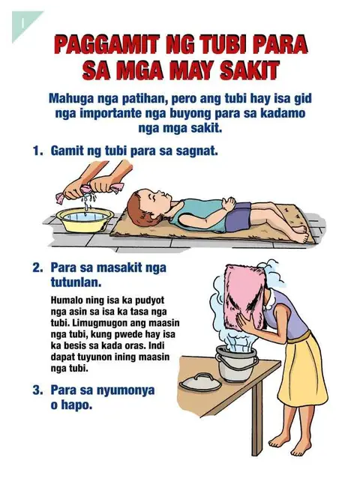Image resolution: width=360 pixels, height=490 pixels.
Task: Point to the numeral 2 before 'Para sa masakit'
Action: [37, 267]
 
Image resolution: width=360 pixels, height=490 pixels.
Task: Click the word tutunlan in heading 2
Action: [76, 282]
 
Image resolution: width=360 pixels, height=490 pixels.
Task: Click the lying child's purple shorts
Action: [238, 217]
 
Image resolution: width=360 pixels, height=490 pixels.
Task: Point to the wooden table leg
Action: [257, 420]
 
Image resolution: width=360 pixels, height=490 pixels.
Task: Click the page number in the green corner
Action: [22, 23]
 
